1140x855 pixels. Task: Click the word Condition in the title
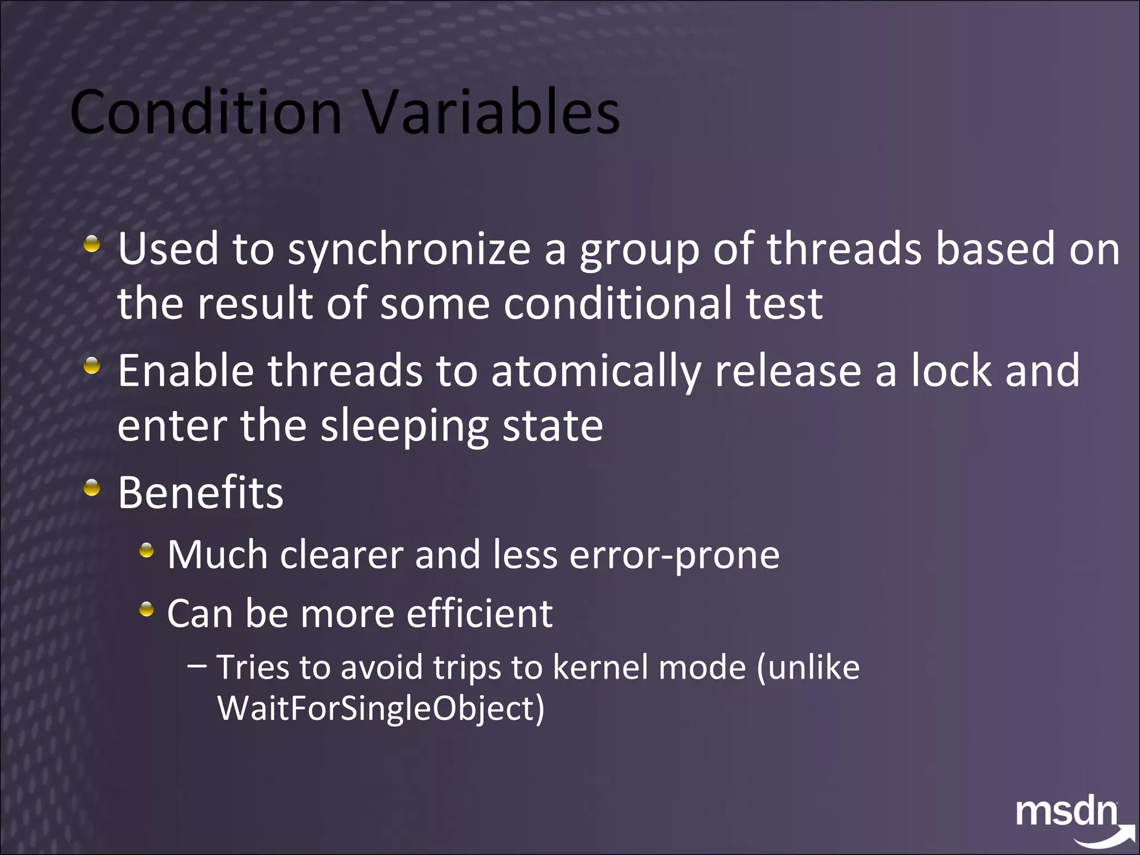tap(206, 113)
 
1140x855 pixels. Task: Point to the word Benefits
tap(200, 493)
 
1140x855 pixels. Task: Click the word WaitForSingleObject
tap(380, 709)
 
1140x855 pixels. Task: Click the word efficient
tap(479, 614)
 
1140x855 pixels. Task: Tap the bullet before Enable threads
tap(92, 366)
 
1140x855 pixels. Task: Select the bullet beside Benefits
tap(92, 488)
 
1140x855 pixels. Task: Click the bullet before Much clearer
tap(146, 551)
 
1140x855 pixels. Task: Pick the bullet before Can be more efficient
tap(146, 610)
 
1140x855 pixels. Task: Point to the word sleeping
tap(405, 426)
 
